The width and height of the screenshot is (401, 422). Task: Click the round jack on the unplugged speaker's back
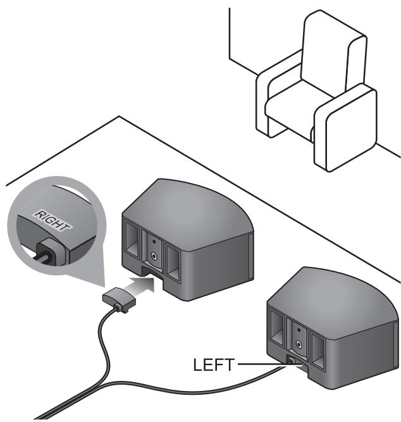pyautogui.click(x=155, y=256)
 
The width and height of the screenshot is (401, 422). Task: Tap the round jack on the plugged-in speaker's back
pyautogui.click(x=296, y=342)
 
